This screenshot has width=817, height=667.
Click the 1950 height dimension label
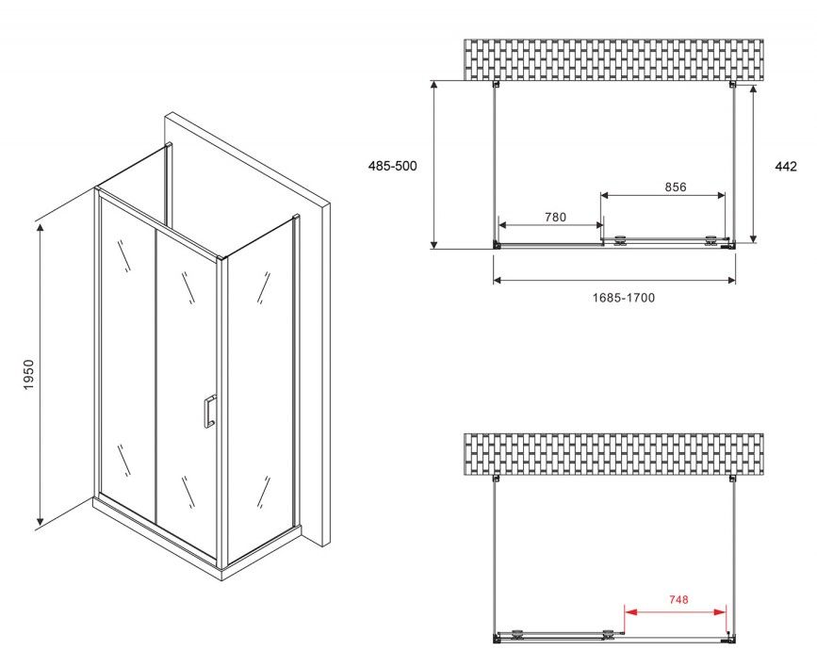coord(28,374)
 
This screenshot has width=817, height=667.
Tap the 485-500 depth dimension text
coord(392,166)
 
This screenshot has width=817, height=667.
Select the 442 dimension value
coord(786,166)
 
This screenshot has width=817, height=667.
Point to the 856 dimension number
coord(676,187)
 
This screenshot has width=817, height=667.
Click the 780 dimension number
coord(555,217)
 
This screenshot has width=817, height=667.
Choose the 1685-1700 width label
coord(624,298)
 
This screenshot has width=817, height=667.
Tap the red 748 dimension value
coord(678,600)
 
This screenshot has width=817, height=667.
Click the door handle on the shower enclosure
coord(209,412)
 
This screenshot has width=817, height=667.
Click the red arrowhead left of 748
coord(629,611)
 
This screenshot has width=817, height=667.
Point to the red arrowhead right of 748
coord(721,611)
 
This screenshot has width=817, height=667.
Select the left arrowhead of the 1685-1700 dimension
coord(497,281)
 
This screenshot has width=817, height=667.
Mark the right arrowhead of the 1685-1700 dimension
coord(731,281)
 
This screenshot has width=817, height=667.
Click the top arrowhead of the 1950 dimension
coord(40,227)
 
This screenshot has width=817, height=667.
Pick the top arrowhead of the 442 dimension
coord(753,89)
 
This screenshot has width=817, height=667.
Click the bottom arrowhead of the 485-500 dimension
coord(433,244)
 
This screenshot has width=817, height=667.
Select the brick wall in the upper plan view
coord(613,60)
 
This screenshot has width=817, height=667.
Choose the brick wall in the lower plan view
coord(613,454)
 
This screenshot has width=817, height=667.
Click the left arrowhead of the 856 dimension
coord(606,195)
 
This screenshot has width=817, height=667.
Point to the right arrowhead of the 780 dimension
coord(598,225)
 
